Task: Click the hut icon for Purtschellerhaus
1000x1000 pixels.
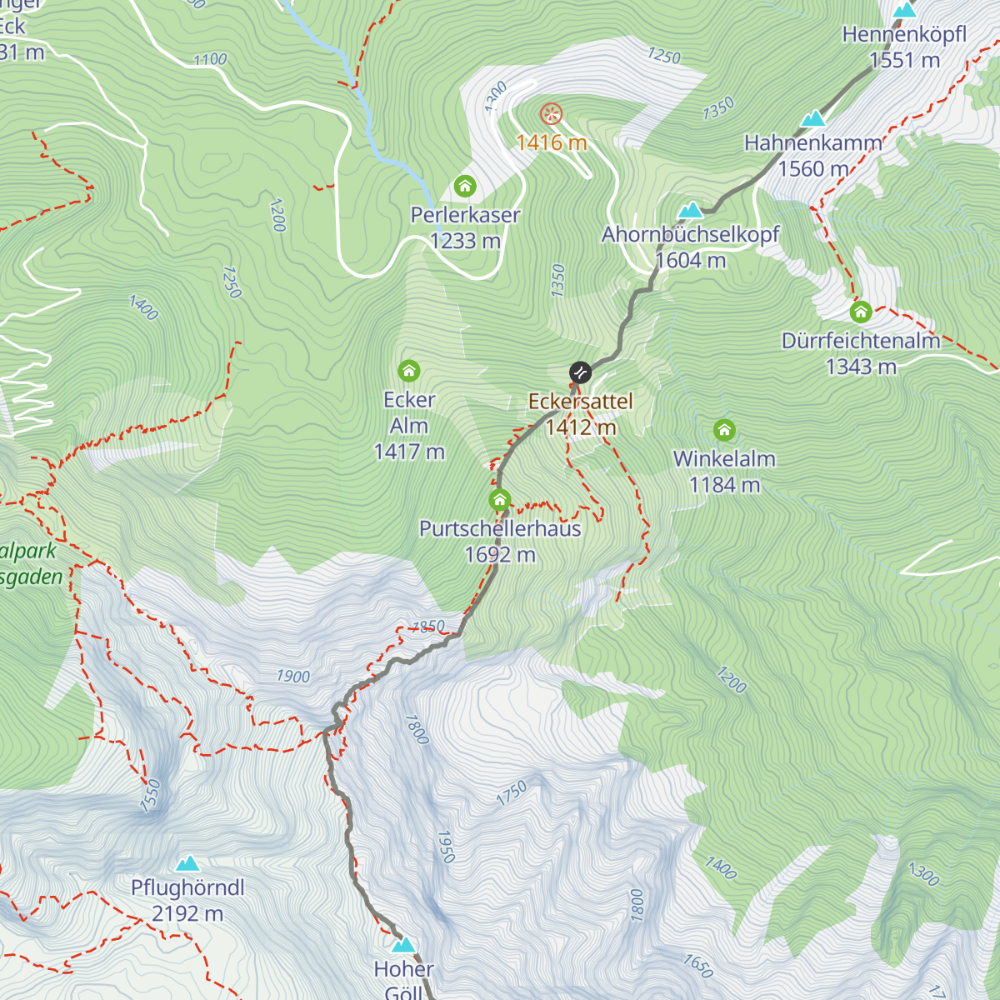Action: pos(499,500)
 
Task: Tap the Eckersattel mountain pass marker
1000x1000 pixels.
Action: pos(580,372)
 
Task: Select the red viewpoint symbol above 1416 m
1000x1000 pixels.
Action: pos(551,114)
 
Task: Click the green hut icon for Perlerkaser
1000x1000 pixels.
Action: pos(465,185)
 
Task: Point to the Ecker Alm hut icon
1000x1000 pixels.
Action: pos(409,370)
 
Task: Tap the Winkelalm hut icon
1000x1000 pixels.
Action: pos(724,430)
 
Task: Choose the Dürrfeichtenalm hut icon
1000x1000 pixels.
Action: pos(861,312)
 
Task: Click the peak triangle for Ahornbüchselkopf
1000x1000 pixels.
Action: pos(690,209)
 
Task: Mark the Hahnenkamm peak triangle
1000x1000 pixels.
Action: pos(812,119)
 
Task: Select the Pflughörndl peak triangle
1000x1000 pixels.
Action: pos(187,863)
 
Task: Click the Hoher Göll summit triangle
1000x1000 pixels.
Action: pos(404,945)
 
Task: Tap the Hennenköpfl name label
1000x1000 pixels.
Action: pos(904,35)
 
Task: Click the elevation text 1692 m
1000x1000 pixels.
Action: pos(500,555)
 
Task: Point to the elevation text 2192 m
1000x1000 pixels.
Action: pos(187,914)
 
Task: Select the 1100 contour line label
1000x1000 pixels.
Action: pos(210,59)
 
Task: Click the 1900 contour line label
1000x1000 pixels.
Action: pos(293,677)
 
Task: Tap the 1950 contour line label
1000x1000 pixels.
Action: pos(446,846)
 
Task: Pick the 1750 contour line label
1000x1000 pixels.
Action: pos(512,792)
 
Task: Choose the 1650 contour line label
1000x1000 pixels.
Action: pos(697,965)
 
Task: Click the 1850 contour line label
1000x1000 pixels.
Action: pos(428,627)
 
